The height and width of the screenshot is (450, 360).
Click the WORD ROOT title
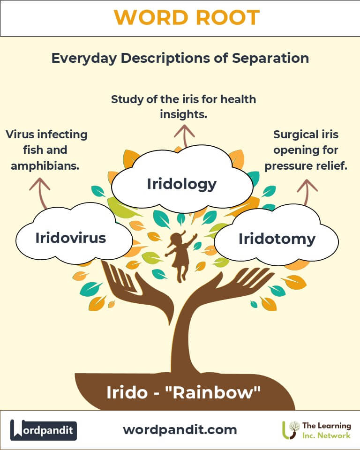click(187, 17)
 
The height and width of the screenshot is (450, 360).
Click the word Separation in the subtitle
click(270, 58)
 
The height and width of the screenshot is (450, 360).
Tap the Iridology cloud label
click(181, 184)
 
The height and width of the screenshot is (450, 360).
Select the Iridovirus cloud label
click(71, 238)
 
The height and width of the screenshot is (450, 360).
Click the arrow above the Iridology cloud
click(185, 136)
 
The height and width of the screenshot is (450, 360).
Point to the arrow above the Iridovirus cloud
click(41, 193)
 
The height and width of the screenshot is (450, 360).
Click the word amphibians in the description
click(45, 166)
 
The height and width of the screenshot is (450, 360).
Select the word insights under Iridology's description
click(183, 114)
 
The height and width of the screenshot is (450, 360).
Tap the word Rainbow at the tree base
click(213, 392)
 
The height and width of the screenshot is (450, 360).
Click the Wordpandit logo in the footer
click(44, 430)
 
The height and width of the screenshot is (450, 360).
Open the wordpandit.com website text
click(180, 430)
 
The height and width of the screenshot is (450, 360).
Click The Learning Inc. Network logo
click(316, 430)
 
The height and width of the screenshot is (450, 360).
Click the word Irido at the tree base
click(127, 392)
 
